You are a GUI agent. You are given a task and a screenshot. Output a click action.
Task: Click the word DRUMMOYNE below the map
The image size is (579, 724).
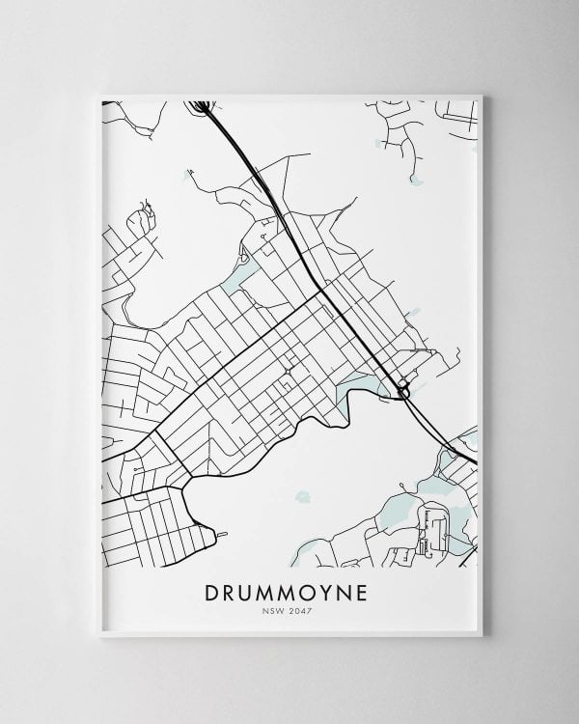[x=289, y=590]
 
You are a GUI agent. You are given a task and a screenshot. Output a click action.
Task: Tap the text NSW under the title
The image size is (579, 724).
[x=275, y=610]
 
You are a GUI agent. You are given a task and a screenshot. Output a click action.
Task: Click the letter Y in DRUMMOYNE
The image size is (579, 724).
[x=325, y=590]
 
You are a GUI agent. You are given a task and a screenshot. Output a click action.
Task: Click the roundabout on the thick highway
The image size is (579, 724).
[x=403, y=389]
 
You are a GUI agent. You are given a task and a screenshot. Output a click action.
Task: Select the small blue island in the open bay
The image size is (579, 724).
[x=302, y=498]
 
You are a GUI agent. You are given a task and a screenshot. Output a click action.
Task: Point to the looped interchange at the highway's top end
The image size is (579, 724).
[x=202, y=105]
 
